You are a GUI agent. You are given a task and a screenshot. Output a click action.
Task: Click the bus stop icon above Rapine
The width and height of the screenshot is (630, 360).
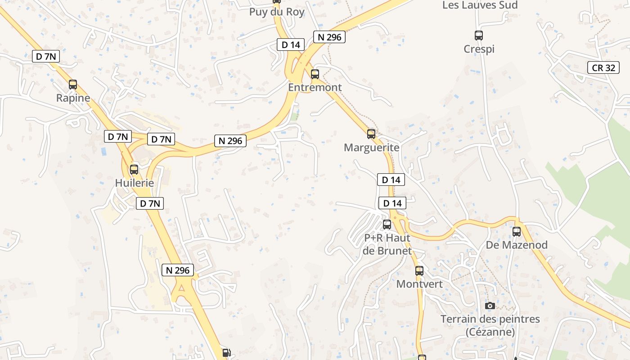pos(73,84)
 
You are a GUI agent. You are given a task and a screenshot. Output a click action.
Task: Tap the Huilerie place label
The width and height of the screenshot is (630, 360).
pos(135,183)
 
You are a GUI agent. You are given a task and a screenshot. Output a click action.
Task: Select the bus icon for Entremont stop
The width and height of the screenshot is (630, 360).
pos(315,74)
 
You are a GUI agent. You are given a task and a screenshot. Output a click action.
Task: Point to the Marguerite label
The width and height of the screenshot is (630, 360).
pos(371,148)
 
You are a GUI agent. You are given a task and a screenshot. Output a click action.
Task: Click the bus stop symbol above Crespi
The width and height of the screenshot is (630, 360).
pos(479,35)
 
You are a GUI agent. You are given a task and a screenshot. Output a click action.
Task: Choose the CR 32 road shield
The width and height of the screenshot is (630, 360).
pos(603,68)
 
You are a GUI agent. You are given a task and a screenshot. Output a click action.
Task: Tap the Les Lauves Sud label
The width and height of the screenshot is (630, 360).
pos(480,5)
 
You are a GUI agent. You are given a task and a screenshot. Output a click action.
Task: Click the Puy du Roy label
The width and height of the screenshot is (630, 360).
pos(277,12)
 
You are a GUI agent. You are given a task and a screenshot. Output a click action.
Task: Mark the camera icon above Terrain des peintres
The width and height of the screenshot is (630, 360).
pos(490,306)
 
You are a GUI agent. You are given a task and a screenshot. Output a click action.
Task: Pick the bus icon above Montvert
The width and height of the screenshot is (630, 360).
pos(419,271)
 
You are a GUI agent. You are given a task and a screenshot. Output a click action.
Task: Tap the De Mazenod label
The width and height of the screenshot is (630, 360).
pos(517,245)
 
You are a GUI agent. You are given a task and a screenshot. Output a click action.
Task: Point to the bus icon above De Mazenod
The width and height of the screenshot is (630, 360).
pos(517,232)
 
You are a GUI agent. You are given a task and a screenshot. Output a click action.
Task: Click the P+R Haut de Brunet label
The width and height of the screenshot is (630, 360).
pos(387,244)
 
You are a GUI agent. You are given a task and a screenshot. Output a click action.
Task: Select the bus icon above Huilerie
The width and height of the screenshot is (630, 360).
pos(134,170)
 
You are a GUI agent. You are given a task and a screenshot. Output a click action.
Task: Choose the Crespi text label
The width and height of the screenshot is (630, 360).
pos(479,49)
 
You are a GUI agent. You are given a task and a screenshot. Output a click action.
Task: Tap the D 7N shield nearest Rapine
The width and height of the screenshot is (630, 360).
pos(46,57)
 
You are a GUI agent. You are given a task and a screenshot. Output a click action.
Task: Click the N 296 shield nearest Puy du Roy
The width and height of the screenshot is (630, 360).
pos(329,37)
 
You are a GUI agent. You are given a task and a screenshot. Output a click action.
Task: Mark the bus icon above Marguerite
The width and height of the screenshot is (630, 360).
pos(371,134)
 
